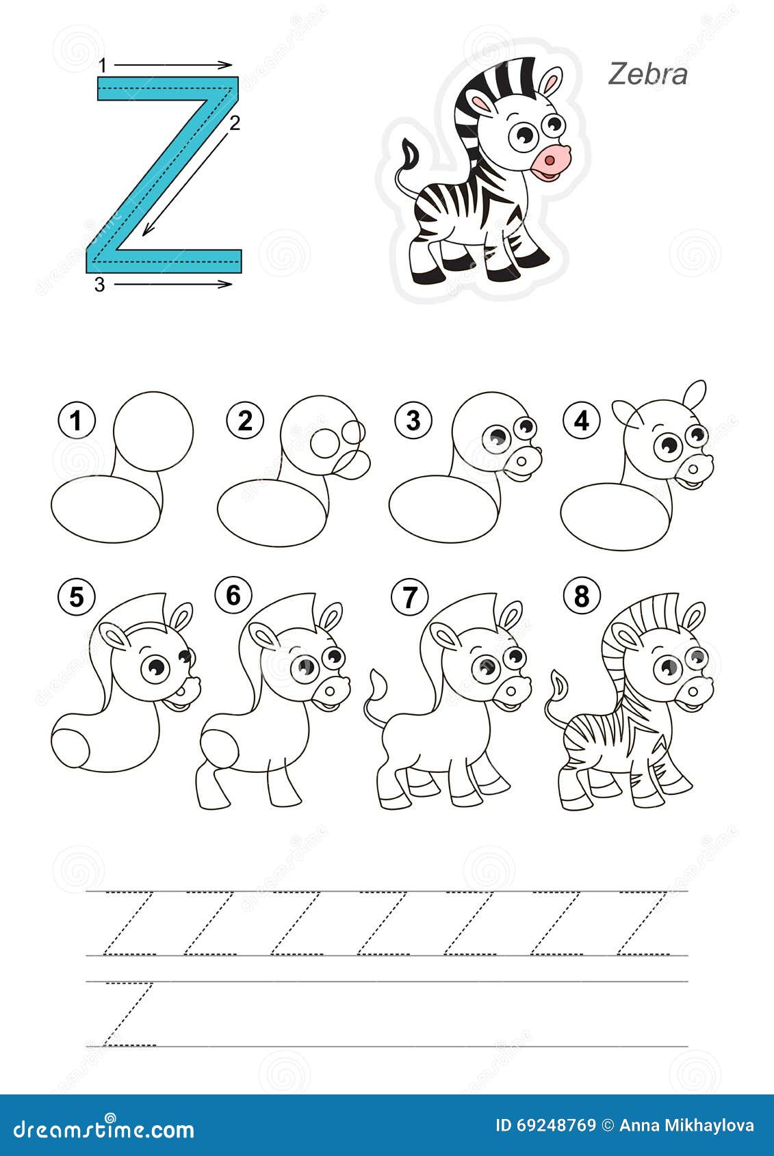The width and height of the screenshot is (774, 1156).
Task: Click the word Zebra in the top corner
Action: point(647,74)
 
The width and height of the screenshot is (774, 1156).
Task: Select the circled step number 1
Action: point(77,421)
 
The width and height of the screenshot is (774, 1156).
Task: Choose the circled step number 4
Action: point(581,421)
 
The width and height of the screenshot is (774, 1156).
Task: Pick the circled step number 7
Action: point(409,597)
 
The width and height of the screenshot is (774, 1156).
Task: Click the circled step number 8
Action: point(581,597)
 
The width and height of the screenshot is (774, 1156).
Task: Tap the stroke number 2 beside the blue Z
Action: point(234,124)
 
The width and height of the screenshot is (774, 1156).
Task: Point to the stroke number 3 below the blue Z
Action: point(100,285)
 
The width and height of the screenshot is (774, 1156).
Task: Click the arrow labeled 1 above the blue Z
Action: point(172,65)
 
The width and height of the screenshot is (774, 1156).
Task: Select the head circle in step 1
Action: point(153,431)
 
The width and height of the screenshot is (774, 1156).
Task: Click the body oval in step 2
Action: point(272,512)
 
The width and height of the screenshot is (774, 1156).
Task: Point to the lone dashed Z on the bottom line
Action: point(128,1014)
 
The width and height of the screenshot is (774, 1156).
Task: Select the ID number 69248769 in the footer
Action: point(545,1126)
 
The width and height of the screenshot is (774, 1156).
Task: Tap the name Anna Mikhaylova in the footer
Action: point(686,1126)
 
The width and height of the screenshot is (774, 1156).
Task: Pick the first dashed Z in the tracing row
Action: point(128,923)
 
